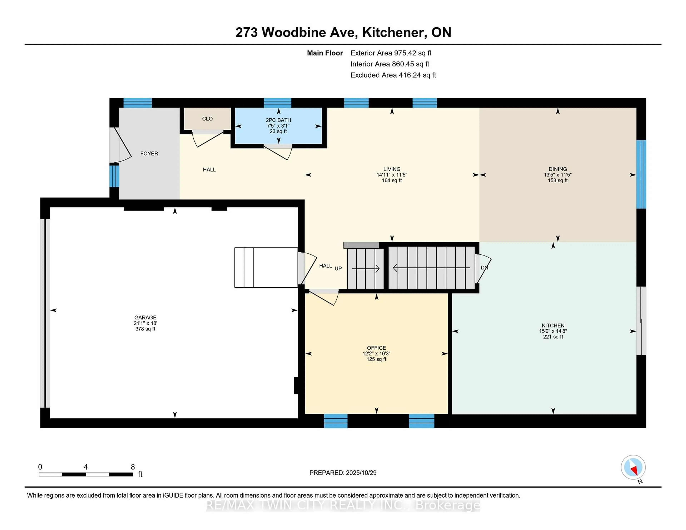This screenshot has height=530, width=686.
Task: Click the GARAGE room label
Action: point(145,317)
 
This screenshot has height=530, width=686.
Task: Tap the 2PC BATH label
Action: point(278,120)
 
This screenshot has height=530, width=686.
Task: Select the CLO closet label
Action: point(207,119)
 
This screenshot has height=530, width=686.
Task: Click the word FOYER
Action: point(149,154)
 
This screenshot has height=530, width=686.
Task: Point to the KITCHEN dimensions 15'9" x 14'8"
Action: point(553,331)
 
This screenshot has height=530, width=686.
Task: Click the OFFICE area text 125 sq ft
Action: point(376,359)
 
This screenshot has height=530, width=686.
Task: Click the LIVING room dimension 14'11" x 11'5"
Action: point(392,175)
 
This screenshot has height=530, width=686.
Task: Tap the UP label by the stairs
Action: point(338,268)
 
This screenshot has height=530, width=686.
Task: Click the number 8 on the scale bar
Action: point(133,467)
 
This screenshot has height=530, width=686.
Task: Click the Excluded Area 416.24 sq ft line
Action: point(393,75)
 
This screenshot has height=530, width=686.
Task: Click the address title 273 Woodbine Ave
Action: point(297,32)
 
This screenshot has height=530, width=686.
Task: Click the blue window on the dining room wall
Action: point(641,174)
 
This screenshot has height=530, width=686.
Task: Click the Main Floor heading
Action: point(325,53)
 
